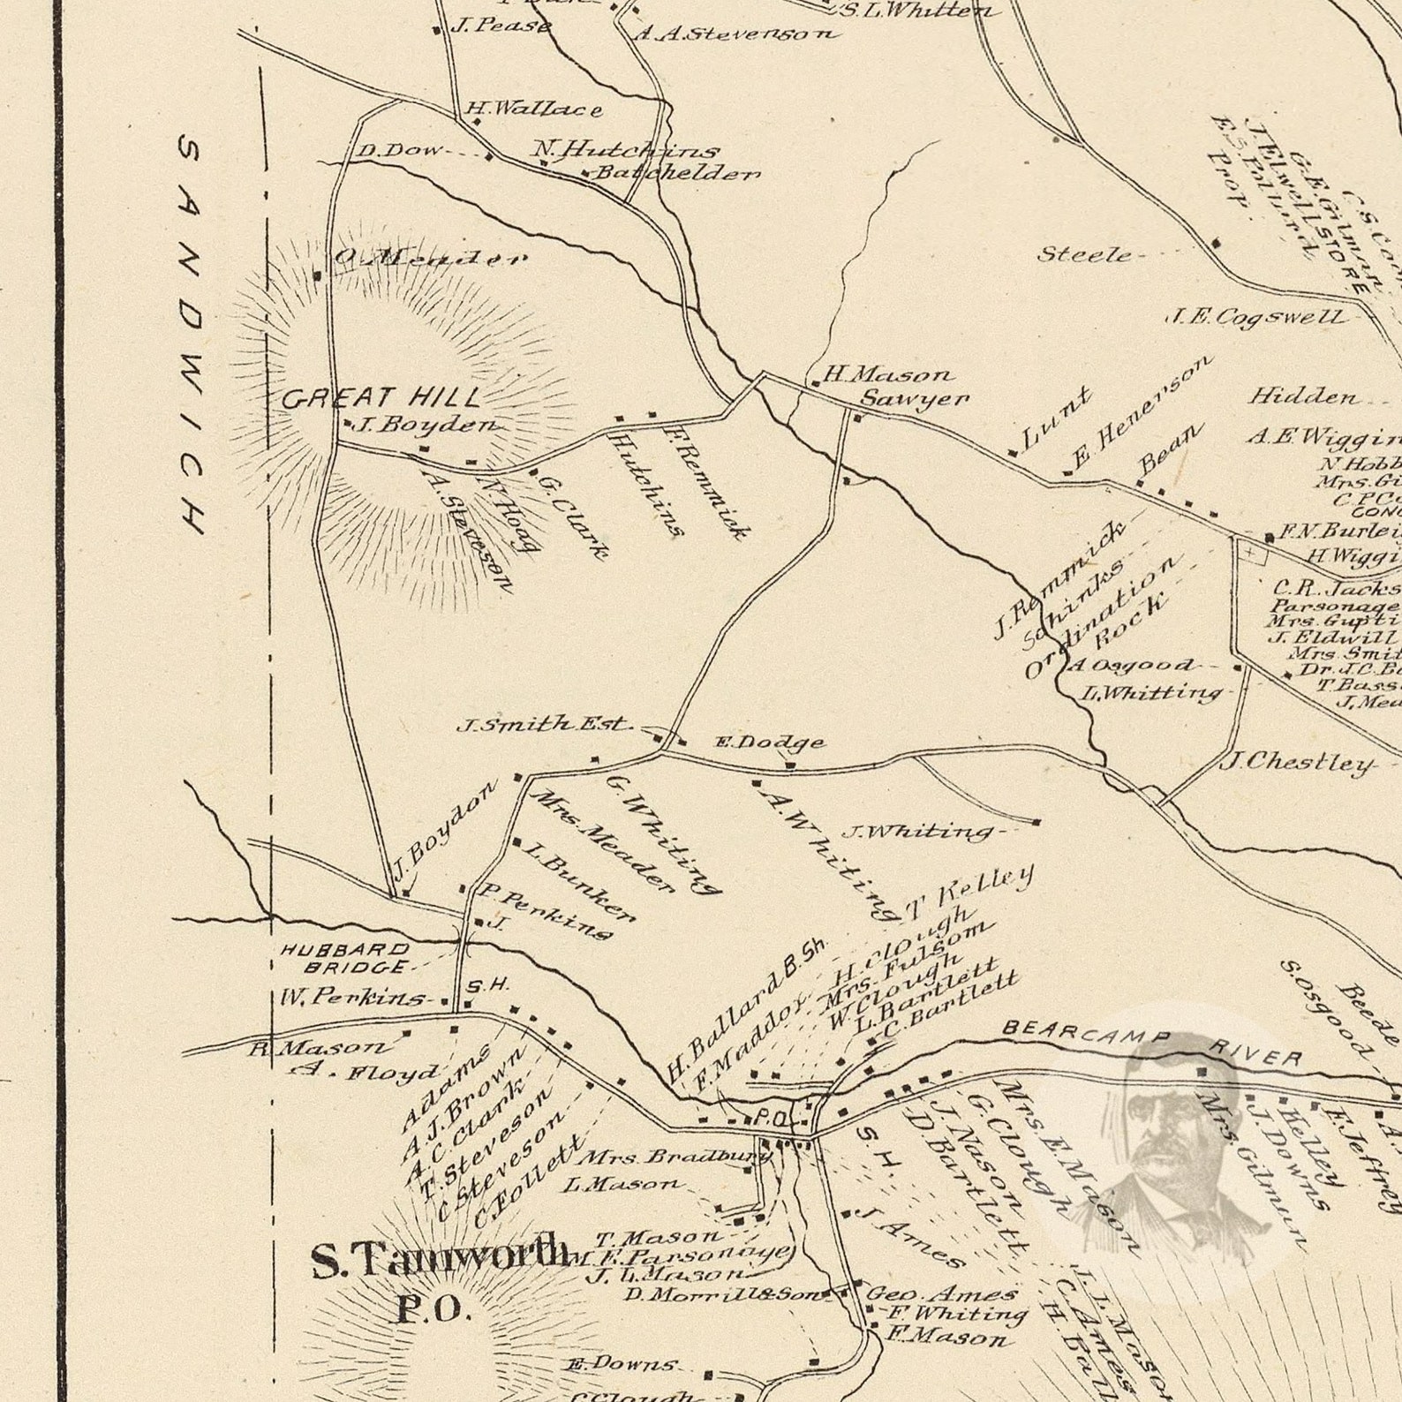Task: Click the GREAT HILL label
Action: click(381, 398)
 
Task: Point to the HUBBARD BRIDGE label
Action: click(345, 959)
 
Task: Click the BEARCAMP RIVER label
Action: click(1152, 1044)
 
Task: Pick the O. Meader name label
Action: click(429, 259)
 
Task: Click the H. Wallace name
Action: click(534, 109)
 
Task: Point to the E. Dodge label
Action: click(769, 742)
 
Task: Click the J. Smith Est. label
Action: click(544, 724)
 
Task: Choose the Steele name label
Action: click(1083, 255)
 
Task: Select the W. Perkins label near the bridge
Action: click(352, 998)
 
